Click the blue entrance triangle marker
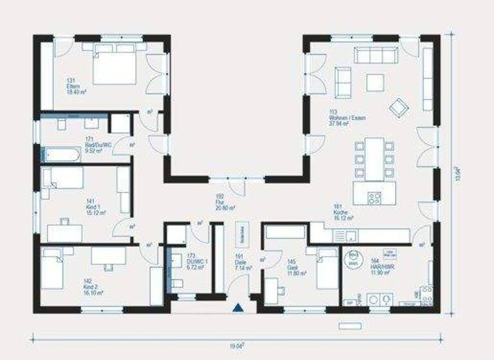(239, 308)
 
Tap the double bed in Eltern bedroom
(115, 64)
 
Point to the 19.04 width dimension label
(237, 346)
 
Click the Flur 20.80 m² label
(224, 204)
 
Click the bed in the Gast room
(327, 268)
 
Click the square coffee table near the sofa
(375, 82)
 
